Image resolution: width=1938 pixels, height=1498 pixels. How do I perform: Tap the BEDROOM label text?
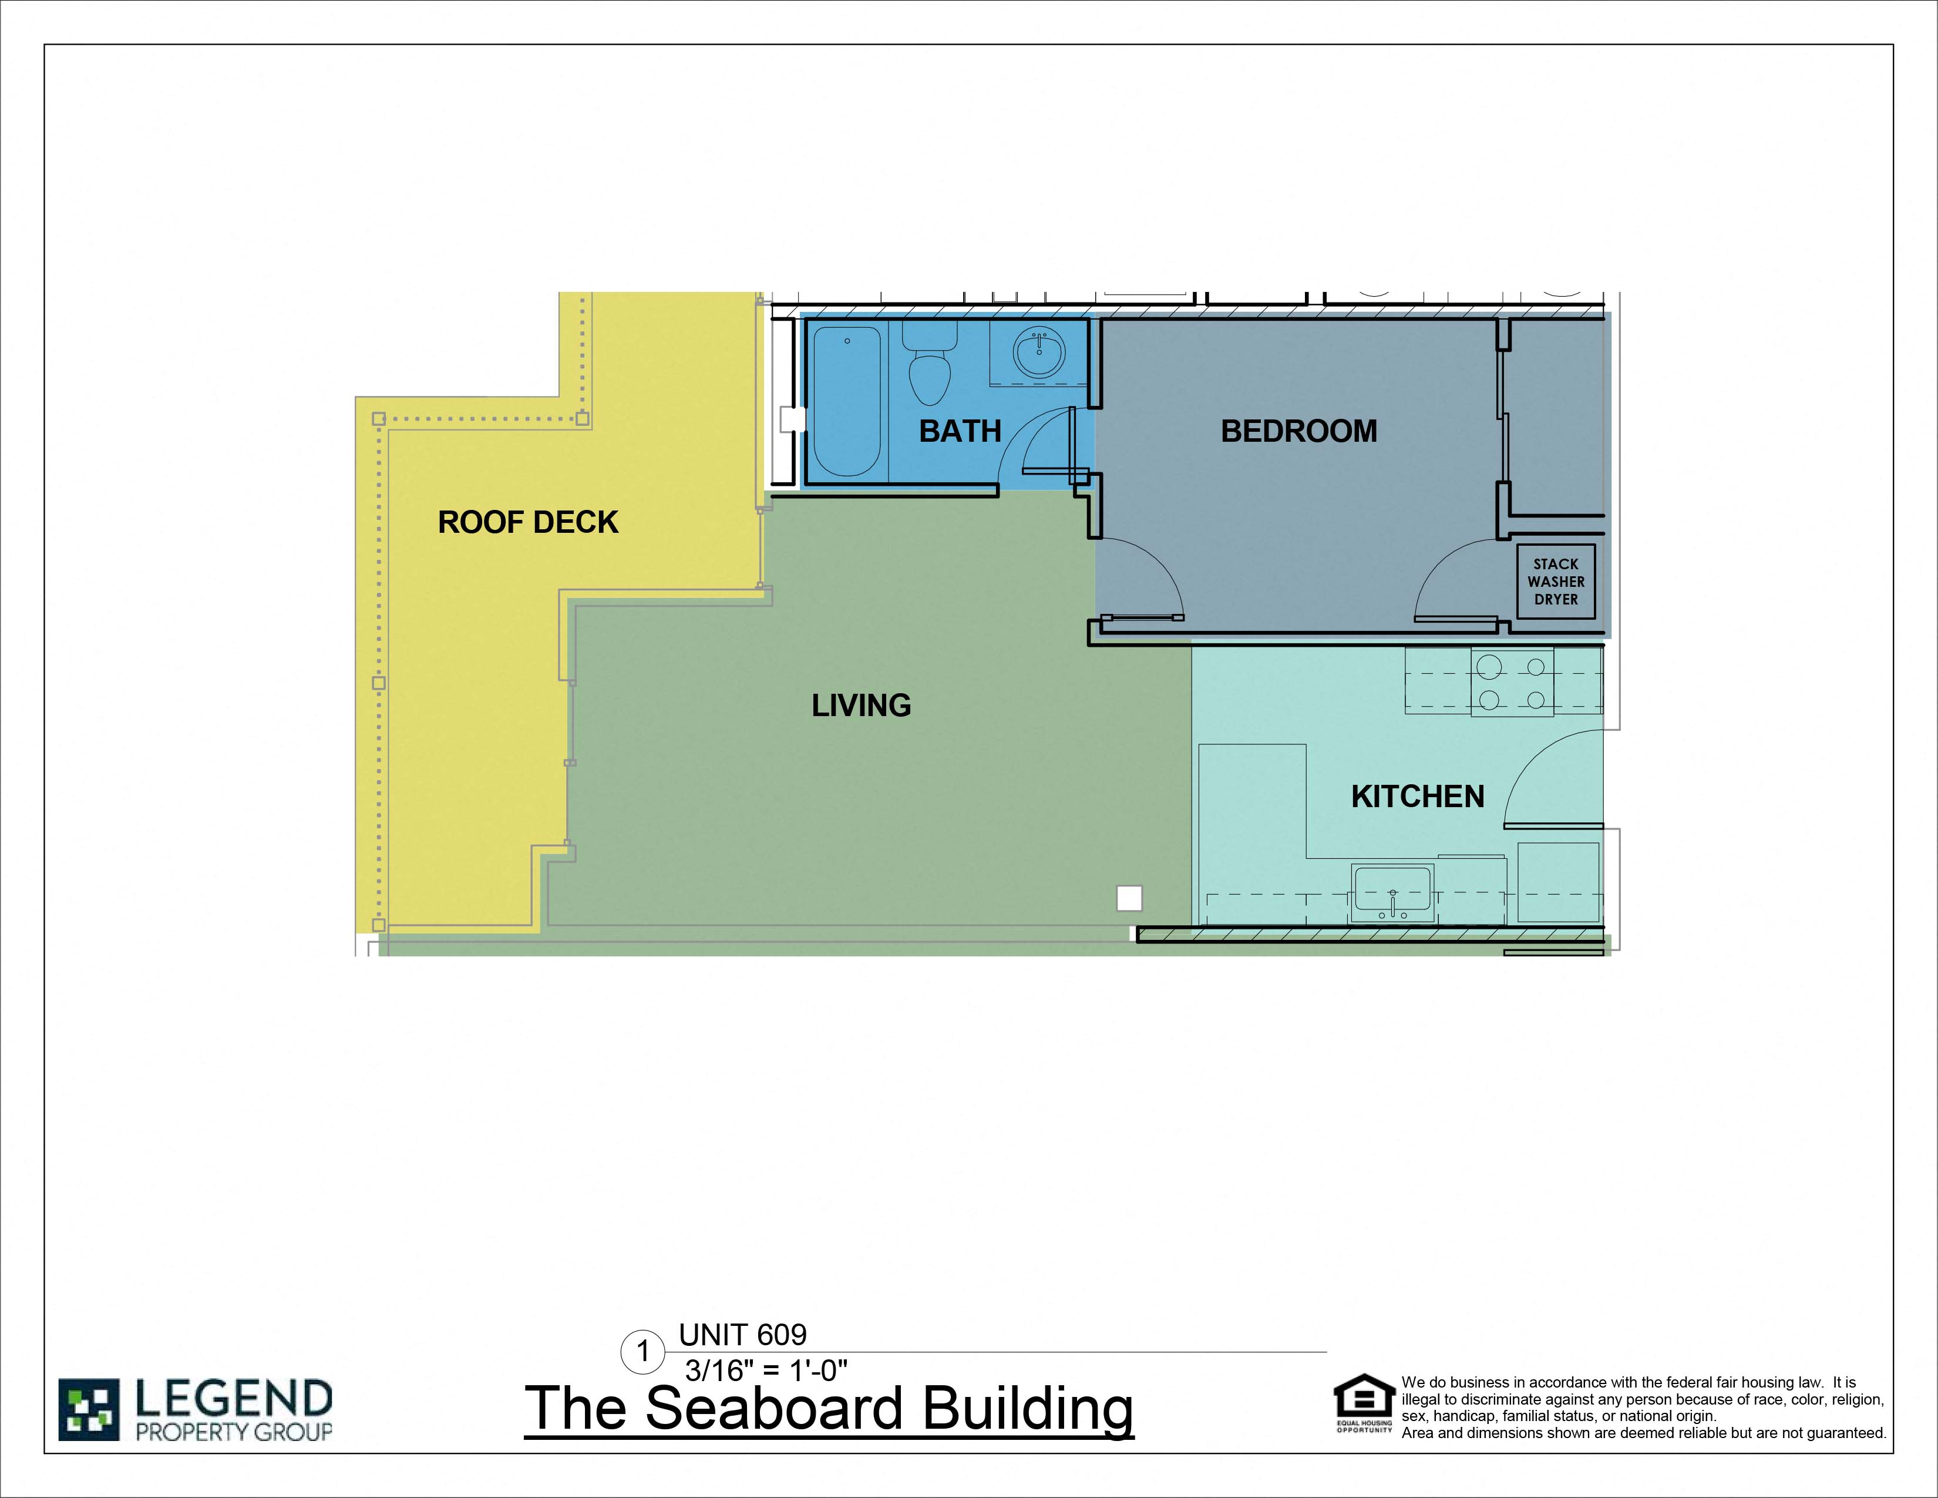[x=1298, y=431]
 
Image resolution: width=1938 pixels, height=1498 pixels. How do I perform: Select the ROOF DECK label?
[x=528, y=522]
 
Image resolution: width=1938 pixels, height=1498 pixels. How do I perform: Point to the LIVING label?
[x=861, y=706]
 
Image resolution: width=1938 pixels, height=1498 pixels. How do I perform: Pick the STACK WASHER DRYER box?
[x=1556, y=581]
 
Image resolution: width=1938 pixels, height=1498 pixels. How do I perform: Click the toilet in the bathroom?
[x=929, y=364]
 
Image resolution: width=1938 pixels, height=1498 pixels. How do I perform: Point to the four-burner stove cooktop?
[x=1512, y=683]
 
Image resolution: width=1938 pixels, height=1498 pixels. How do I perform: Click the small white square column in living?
[x=1129, y=898]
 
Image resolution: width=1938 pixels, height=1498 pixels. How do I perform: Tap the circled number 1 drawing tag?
[x=642, y=1352]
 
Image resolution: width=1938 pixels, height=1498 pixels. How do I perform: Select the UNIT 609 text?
[x=743, y=1335]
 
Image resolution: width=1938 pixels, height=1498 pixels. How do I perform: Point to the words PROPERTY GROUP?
[x=233, y=1432]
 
